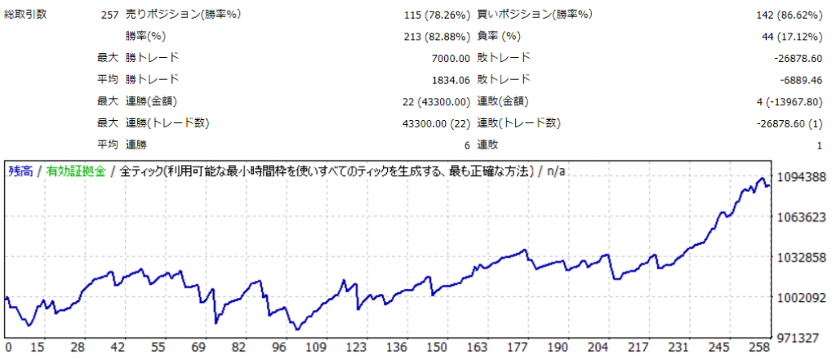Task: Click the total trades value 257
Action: coord(107,15)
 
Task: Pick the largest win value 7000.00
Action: coord(450,58)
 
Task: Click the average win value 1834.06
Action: coord(450,79)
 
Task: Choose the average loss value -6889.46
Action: coord(798,79)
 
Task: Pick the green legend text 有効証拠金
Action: coord(76,171)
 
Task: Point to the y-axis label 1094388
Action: coord(802,177)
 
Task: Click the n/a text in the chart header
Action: coord(556,171)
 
